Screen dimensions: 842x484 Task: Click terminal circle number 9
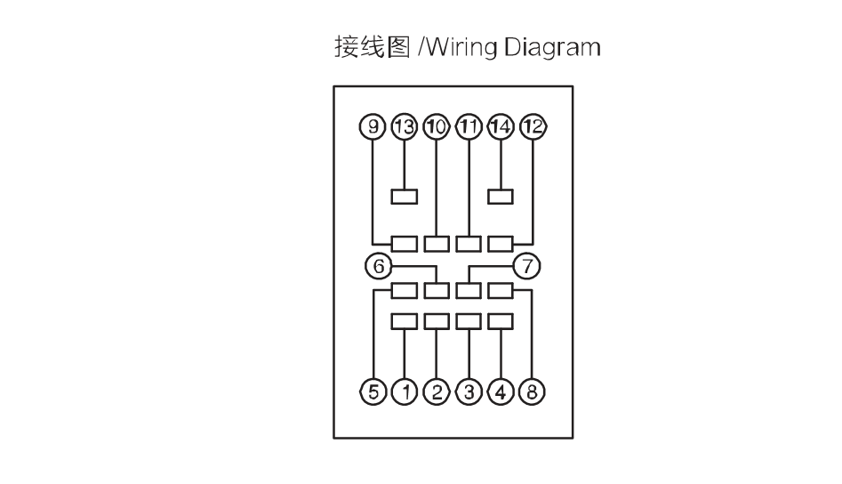[x=373, y=126]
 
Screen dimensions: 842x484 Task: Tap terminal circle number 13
[x=405, y=126]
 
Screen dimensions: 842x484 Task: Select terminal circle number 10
[x=436, y=126]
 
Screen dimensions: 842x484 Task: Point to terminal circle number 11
[x=469, y=126]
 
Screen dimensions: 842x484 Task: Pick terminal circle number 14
[x=501, y=126]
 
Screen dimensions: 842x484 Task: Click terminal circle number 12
[x=533, y=126]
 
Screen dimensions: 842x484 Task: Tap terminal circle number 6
[x=379, y=266]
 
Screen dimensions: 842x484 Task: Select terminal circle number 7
[x=526, y=266]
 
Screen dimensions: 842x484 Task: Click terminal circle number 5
[x=373, y=391]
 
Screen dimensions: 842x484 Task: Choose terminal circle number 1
[x=405, y=391]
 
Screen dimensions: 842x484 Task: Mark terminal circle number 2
[x=437, y=391]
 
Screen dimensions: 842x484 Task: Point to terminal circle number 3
[x=469, y=391]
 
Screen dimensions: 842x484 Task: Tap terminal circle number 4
[x=501, y=391]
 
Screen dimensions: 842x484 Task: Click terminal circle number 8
[x=532, y=391]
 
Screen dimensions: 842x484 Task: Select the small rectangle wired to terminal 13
[x=405, y=197]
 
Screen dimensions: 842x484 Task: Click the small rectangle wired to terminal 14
[x=501, y=197]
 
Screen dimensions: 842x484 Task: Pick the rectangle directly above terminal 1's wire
[x=405, y=321]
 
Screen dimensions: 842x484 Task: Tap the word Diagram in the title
[x=552, y=47]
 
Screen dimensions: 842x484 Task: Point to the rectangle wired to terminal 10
[x=437, y=244]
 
